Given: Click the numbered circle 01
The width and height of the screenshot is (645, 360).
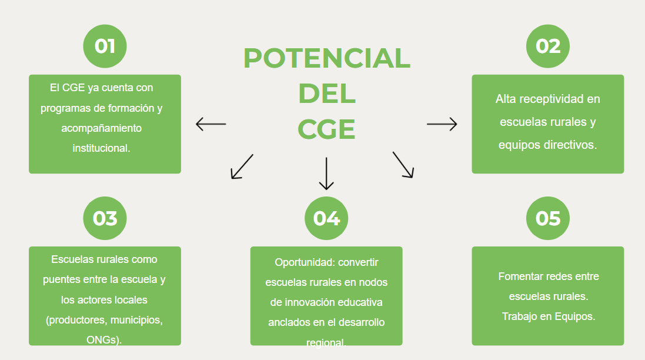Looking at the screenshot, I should coord(105,46).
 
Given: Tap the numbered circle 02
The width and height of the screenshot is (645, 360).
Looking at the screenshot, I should coord(547,46).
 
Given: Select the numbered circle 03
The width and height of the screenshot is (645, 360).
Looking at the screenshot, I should coord(105,218).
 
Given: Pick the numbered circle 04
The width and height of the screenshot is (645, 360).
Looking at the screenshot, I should coord(326,218).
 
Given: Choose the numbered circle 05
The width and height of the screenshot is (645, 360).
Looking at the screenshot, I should coord(547,218).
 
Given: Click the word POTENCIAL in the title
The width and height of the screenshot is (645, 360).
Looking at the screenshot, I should coord(326,58).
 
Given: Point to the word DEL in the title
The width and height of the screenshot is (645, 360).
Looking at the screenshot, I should coord(326,94).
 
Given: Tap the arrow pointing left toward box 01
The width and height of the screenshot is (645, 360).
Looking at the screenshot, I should coord(210,124).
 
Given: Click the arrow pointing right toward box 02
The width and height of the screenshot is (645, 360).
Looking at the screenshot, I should coord(442,124).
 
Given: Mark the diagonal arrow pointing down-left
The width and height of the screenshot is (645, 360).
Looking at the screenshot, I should coord(242,166).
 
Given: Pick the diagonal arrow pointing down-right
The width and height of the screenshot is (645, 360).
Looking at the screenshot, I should coord(403,165).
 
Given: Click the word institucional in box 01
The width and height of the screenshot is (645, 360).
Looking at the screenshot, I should coord(101,148).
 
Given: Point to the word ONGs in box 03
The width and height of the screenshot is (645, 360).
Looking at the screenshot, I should coord(102,339).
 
